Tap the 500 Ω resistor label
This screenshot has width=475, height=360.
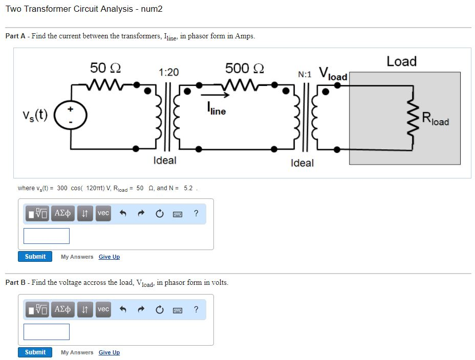tap(244, 68)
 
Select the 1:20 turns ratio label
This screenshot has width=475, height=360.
tap(169, 72)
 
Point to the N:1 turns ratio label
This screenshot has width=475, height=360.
tap(305, 74)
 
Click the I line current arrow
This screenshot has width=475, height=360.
tap(215, 95)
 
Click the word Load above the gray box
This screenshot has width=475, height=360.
tap(401, 61)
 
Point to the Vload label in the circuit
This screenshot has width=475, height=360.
tap(333, 74)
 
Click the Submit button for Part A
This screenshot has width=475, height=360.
tap(35, 256)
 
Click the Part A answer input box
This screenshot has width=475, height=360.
tap(47, 236)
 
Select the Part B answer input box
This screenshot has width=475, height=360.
tap(47, 331)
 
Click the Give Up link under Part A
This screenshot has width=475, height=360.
tap(109, 257)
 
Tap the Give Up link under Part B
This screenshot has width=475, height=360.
tap(109, 352)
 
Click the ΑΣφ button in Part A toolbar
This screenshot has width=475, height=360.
tap(62, 213)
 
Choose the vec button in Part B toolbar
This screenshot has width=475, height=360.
tap(103, 309)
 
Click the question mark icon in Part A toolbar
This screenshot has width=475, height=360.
tap(196, 213)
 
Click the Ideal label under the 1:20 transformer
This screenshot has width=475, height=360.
tap(165, 160)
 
